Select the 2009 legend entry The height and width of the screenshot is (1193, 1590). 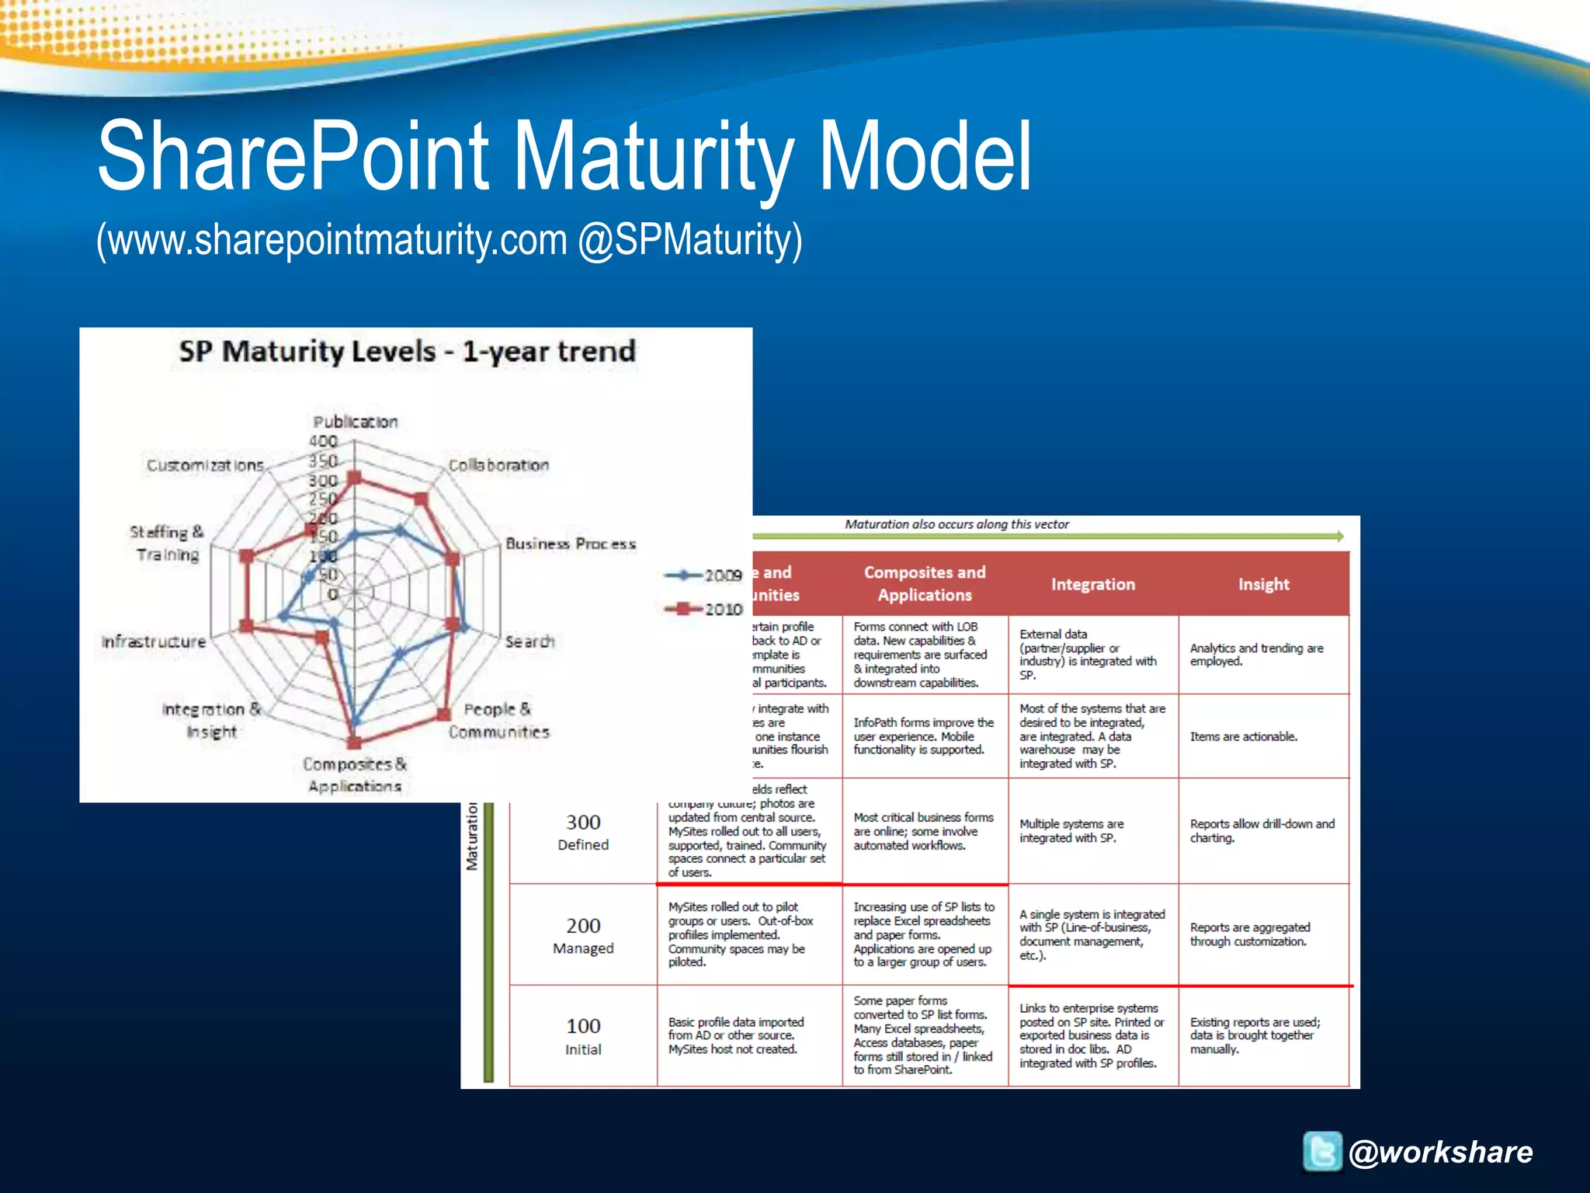[x=703, y=576]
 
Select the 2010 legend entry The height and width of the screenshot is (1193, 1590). [x=703, y=609]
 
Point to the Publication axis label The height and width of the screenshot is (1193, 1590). [x=355, y=422]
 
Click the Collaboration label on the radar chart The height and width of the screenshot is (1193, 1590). [x=498, y=465]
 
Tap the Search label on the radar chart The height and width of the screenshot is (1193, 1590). [x=529, y=642]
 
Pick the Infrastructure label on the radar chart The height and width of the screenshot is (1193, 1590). [x=154, y=642]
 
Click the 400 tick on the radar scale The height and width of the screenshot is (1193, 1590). [x=324, y=441]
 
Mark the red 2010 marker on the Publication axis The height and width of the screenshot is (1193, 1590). [x=355, y=478]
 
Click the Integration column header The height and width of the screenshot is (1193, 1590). [x=1092, y=584]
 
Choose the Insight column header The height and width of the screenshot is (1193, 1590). [x=1263, y=584]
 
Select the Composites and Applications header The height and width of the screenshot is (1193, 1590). [x=924, y=583]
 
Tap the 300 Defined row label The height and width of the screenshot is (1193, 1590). [x=583, y=832]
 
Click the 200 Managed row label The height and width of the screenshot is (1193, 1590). [x=583, y=935]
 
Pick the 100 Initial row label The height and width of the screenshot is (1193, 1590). [x=583, y=1036]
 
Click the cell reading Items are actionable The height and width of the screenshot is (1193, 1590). [x=1243, y=736]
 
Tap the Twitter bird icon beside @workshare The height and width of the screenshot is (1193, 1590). [x=1321, y=1151]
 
